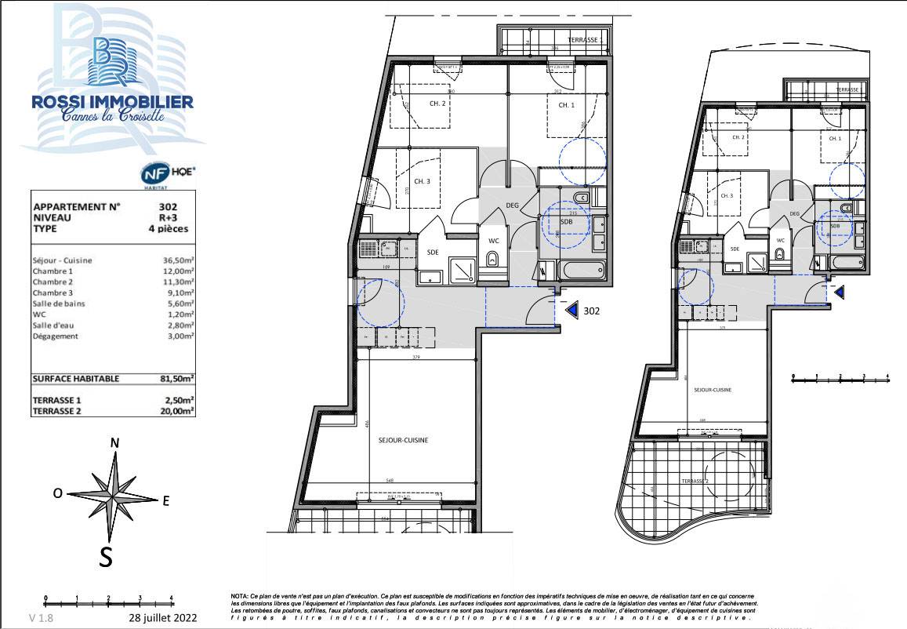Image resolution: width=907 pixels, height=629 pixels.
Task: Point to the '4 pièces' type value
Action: click(x=168, y=229)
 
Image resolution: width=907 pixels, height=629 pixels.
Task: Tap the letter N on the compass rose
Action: click(x=114, y=442)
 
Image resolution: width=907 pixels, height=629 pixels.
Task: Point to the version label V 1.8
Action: click(x=42, y=618)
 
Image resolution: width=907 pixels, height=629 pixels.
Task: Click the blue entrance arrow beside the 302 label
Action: click(x=572, y=311)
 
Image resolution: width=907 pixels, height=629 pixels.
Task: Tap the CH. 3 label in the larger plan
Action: click(x=422, y=181)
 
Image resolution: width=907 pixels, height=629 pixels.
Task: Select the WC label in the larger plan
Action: click(x=493, y=240)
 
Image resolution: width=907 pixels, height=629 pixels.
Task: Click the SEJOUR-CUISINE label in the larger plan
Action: click(x=405, y=441)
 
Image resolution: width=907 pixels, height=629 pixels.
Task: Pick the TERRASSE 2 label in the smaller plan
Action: click(x=695, y=480)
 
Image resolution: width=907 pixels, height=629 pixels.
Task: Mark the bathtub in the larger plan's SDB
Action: click(x=579, y=272)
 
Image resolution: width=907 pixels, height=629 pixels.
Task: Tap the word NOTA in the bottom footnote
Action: click(x=240, y=596)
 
